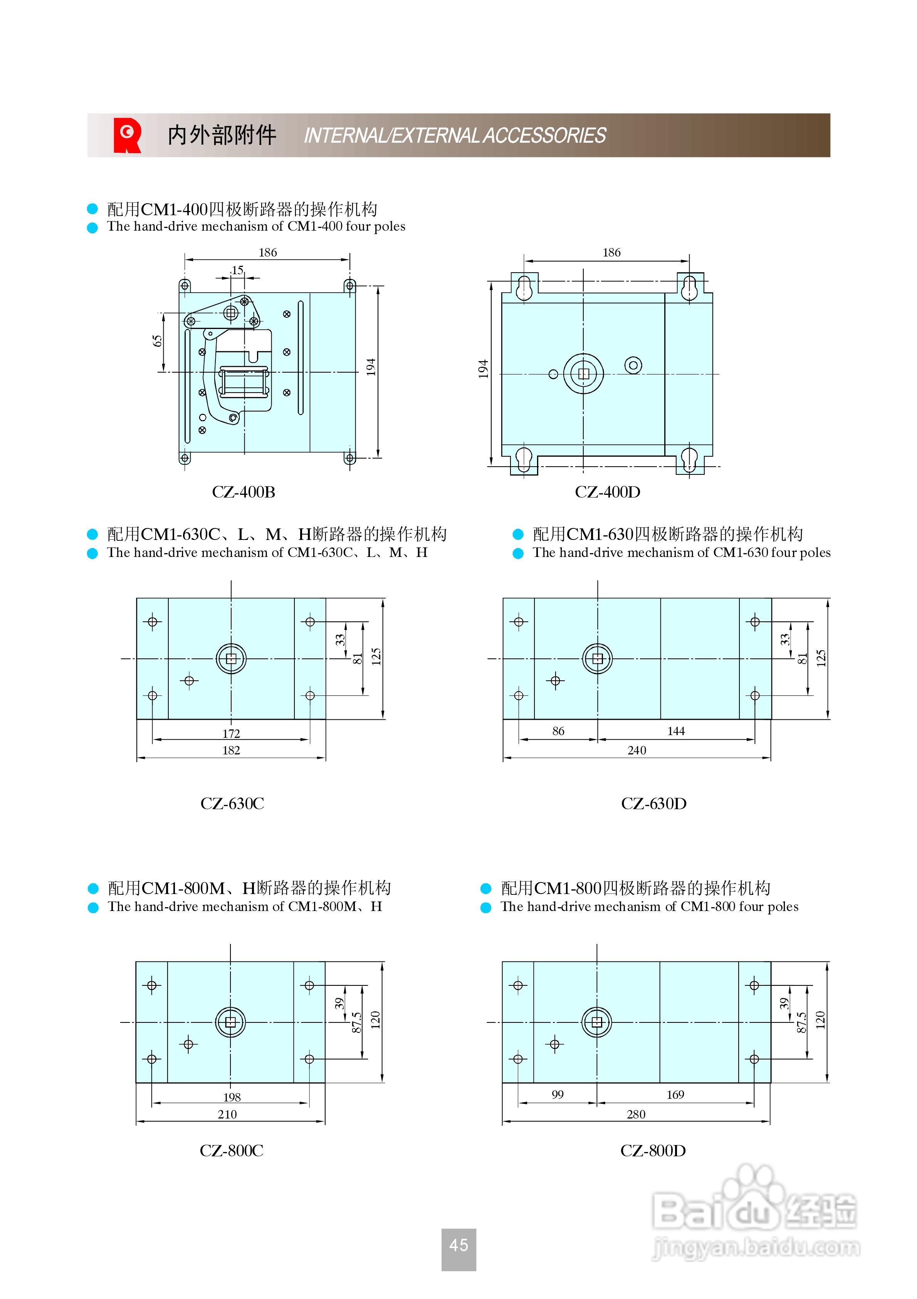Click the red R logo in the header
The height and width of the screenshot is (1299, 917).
click(127, 135)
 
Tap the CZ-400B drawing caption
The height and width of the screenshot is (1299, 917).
click(244, 492)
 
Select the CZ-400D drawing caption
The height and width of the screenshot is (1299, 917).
click(608, 492)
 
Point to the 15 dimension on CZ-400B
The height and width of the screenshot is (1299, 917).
click(237, 270)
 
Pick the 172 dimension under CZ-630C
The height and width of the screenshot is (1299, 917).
click(231, 733)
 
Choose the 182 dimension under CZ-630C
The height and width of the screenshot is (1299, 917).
click(231, 750)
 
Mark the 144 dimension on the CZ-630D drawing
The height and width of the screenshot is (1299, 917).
click(676, 731)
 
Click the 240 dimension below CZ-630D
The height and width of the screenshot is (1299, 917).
click(637, 750)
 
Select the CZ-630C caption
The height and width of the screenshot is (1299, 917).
click(232, 803)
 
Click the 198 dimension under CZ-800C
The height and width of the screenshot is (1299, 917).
click(232, 1097)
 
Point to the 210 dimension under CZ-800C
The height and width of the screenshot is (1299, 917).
click(227, 1114)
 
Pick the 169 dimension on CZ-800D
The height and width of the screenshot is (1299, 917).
click(675, 1094)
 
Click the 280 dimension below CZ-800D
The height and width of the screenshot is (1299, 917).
click(636, 1114)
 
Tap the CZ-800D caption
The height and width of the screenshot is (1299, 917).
click(653, 1150)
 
